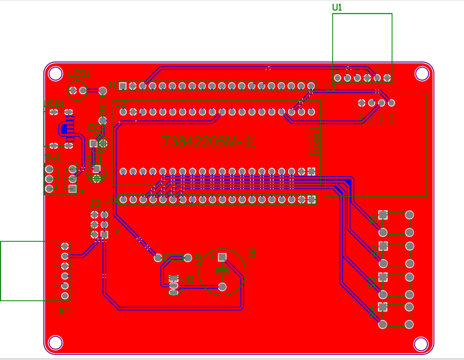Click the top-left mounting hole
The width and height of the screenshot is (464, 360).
(x=55, y=73)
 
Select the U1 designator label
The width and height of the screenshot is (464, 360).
(x=337, y=8)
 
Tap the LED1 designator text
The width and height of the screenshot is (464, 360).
(x=79, y=74)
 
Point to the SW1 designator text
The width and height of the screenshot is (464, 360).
(x=52, y=158)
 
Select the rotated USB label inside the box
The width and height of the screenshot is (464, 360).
(x=316, y=142)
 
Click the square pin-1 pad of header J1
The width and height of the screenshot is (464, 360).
(x=123, y=86)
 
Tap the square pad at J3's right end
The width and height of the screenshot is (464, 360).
(x=311, y=199)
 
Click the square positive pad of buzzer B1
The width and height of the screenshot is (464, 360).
(x=222, y=257)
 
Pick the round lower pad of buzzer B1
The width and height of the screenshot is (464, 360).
(x=222, y=287)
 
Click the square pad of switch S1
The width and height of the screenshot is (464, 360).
(x=383, y=215)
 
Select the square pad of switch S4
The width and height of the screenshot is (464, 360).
(x=383, y=307)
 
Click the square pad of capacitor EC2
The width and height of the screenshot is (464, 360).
(x=93, y=144)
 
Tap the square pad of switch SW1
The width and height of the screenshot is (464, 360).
(x=72, y=189)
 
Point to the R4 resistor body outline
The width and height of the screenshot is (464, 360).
(x=173, y=258)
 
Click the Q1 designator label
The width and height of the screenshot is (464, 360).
(x=189, y=280)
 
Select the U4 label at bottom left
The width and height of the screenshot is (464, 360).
(x=65, y=311)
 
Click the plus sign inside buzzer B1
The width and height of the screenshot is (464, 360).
(x=213, y=258)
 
